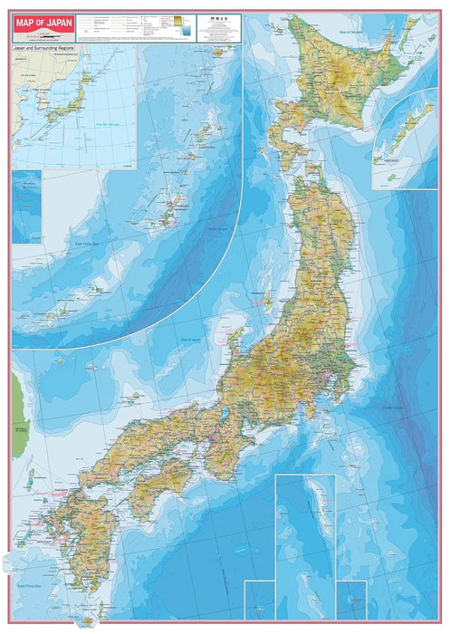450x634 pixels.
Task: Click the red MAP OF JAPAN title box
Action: [x=43, y=26]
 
